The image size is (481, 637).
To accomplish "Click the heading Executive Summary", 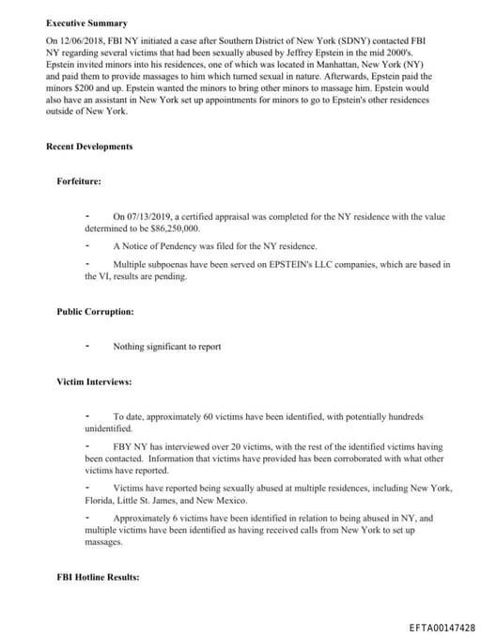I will coord(86,23).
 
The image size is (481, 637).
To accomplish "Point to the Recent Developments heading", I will coord(88,147).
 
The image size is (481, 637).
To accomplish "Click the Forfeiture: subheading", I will coord(79,181).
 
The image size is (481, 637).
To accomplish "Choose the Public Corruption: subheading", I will coord(95,311).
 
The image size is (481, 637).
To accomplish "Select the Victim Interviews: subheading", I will coord(94,382).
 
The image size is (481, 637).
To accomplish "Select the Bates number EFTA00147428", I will coord(442,628).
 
